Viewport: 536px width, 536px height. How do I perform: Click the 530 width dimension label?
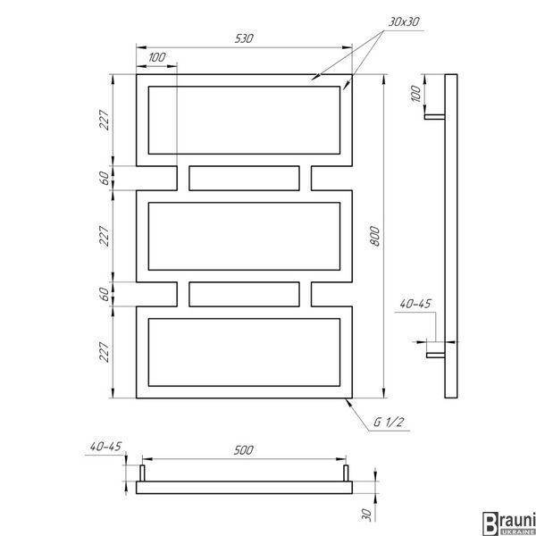tap(244, 38)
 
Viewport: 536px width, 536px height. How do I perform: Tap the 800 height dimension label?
tap(374, 236)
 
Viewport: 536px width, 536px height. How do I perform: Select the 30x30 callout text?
tap(404, 21)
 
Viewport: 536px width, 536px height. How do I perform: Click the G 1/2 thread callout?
tap(389, 423)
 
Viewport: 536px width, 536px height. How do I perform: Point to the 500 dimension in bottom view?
tap(243, 450)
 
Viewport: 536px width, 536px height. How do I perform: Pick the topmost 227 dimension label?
tap(105, 120)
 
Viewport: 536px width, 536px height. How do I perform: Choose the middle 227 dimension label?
tap(105, 236)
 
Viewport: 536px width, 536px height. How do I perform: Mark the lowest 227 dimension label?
tap(105, 352)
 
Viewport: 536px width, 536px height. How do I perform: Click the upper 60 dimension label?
tap(105, 178)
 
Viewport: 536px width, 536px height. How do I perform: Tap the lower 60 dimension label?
tap(105, 294)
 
